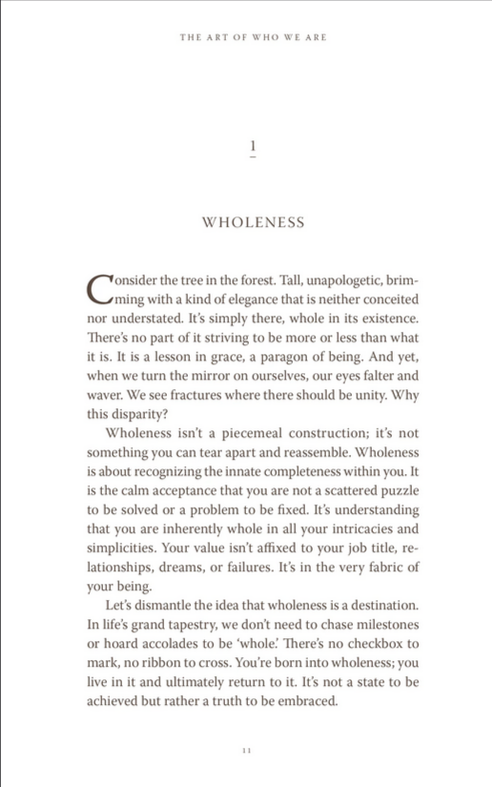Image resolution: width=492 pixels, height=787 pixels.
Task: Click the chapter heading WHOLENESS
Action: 253,222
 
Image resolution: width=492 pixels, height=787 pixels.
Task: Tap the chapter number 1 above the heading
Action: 253,145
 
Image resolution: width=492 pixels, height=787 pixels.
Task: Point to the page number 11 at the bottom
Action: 247,751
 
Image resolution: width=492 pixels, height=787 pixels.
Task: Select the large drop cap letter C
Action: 98,287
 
